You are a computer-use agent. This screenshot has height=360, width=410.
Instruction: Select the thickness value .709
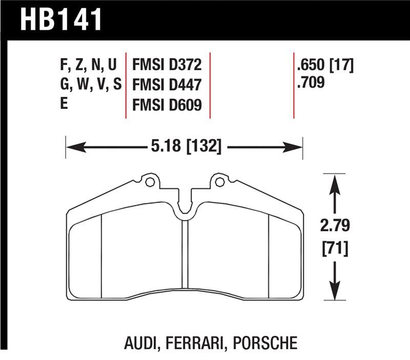click(311, 82)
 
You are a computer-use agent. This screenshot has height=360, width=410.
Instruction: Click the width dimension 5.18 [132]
click(186, 148)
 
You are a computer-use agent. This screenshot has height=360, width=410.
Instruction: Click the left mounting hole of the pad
click(149, 182)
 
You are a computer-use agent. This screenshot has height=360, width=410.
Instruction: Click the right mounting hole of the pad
click(220, 182)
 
